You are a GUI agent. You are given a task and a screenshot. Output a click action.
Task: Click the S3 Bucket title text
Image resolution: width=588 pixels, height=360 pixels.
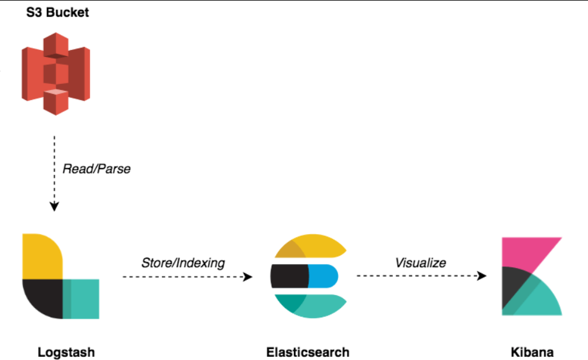57,12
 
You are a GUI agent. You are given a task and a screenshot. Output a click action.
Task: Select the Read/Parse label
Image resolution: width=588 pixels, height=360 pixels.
96,169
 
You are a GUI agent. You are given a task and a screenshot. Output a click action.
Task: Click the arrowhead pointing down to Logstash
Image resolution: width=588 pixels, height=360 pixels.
54,206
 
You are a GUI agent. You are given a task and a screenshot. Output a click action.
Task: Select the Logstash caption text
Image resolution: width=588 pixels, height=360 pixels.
66,353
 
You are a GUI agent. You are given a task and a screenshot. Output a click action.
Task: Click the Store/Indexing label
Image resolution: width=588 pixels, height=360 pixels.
183,263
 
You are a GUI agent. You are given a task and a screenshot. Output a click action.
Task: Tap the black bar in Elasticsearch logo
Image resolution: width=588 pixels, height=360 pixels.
289,277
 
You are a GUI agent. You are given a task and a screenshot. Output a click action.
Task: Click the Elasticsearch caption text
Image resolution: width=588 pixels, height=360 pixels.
308,353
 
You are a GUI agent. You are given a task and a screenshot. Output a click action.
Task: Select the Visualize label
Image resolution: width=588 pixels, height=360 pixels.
420,263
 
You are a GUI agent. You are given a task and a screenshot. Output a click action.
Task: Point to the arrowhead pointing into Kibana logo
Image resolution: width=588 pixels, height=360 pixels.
481,277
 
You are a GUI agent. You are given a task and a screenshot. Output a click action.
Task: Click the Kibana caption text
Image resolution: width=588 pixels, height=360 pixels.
532,353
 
